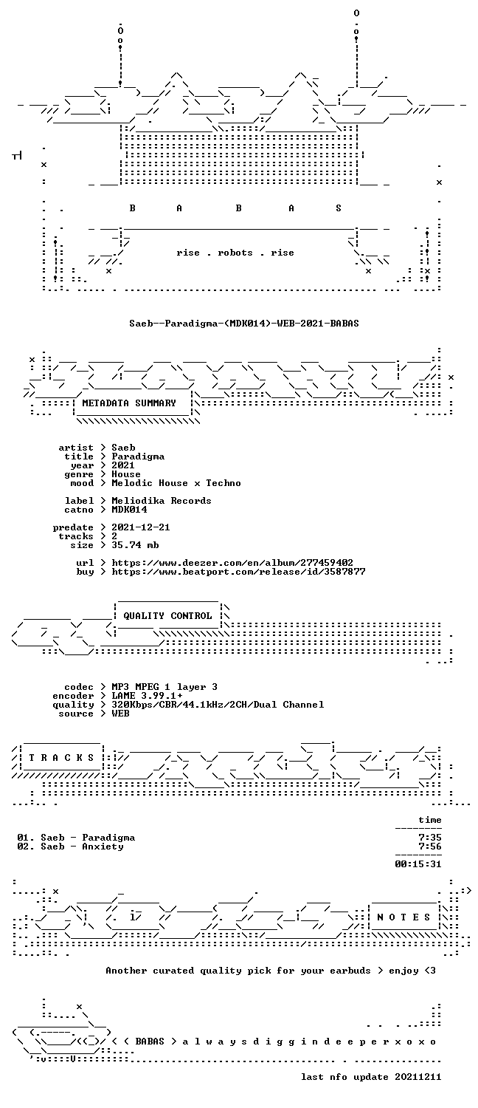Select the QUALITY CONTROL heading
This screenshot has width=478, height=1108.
[167, 616]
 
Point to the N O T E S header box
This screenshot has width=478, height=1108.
[403, 917]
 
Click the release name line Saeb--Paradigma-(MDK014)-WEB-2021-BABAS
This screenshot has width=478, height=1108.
[244, 324]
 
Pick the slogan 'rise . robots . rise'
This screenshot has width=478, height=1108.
[235, 253]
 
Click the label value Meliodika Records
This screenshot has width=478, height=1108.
[162, 501]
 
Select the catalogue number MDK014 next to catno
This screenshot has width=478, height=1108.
[129, 510]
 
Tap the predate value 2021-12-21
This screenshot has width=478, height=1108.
[141, 527]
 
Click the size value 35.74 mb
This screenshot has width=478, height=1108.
[135, 545]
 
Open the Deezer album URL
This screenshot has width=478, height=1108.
[232, 563]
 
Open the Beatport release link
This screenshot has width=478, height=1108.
[238, 572]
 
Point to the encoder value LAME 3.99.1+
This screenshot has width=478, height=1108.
[147, 696]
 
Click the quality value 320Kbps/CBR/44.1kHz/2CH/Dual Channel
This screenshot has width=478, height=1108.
[218, 705]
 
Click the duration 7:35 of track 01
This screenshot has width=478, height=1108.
[430, 838]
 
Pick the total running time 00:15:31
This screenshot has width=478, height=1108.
[418, 864]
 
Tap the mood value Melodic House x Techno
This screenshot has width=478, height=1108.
[176, 483]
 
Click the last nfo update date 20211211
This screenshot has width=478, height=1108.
[418, 1077]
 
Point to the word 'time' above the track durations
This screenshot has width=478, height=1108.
[430, 820]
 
